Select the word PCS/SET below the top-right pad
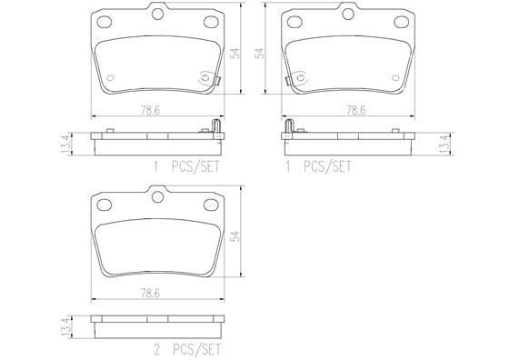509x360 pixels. tap(326, 166)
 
